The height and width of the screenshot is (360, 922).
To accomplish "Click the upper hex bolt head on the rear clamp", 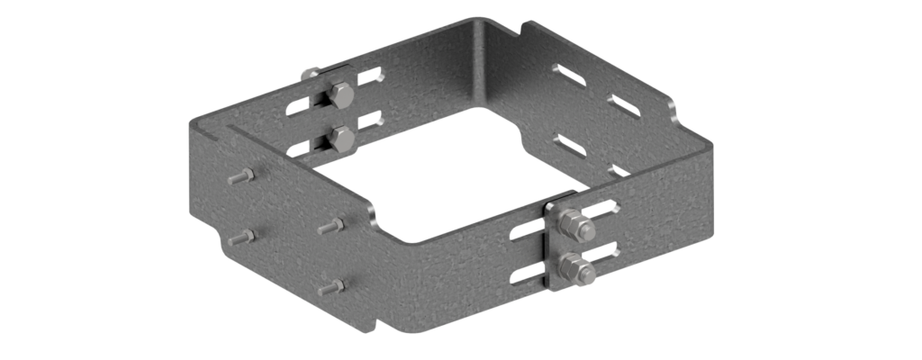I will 341,94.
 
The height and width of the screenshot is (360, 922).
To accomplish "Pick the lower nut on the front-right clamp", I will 574,268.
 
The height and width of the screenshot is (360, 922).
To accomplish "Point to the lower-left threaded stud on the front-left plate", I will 241,237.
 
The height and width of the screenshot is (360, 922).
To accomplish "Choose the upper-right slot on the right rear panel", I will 624,105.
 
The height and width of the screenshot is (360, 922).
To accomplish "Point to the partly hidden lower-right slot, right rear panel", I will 619,169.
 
